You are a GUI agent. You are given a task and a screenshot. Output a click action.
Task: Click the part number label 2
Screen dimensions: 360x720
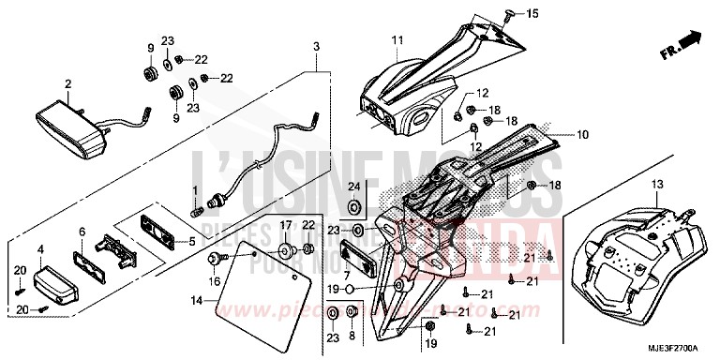pyautogui.click(x=67, y=84)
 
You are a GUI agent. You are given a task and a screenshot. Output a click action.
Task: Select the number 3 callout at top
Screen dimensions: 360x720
pyautogui.click(x=317, y=47)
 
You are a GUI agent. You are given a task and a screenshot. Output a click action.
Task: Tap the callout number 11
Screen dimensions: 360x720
pyautogui.click(x=397, y=40)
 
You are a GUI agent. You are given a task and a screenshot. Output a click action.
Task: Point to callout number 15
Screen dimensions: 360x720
pyautogui.click(x=532, y=14)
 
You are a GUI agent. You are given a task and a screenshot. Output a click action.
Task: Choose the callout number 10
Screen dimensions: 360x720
pyautogui.click(x=582, y=135)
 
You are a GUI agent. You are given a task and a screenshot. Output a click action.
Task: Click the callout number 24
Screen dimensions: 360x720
pyautogui.click(x=354, y=187)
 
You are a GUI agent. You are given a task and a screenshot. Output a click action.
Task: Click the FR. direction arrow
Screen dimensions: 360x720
pyautogui.click(x=688, y=41)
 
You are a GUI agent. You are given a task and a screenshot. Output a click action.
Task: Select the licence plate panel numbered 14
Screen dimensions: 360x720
pyautogui.click(x=267, y=286)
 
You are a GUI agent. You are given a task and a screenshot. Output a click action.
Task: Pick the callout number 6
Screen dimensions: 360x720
pyautogui.click(x=82, y=231)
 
